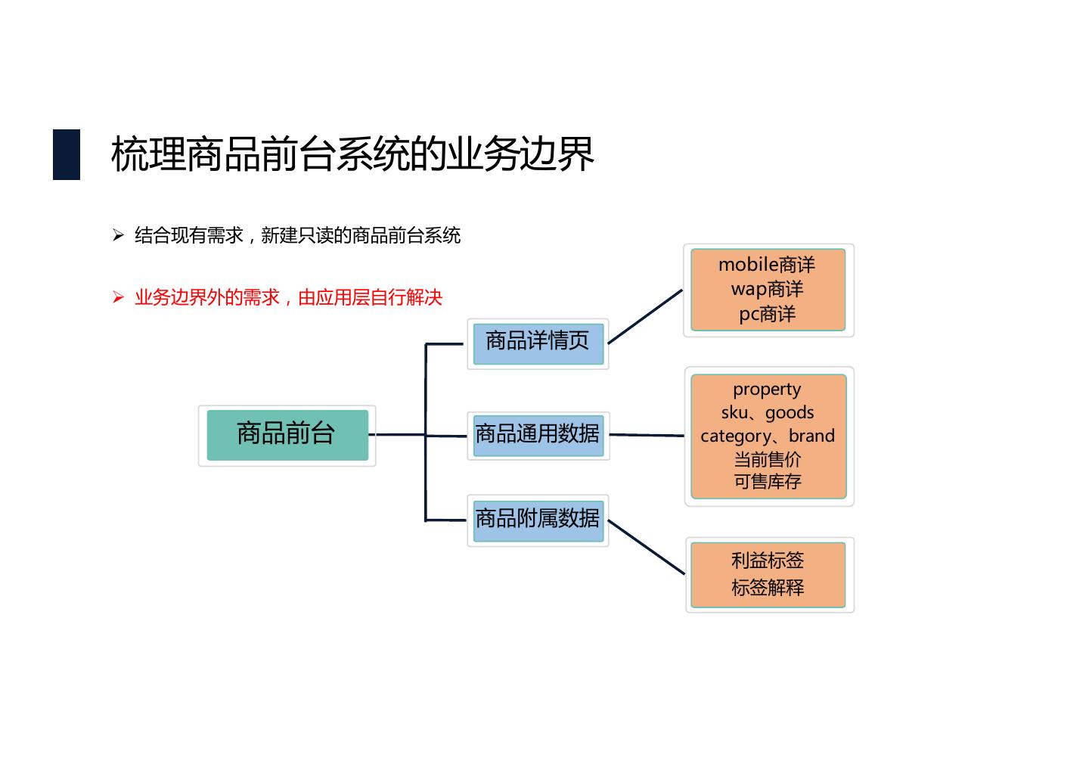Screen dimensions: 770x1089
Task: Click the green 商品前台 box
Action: (287, 435)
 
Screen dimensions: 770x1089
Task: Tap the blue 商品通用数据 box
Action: (538, 436)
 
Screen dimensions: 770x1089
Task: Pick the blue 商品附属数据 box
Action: (538, 520)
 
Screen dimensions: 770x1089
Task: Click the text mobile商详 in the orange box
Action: (767, 265)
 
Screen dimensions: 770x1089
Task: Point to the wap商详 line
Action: (767, 289)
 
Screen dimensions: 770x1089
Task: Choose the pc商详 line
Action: (767, 314)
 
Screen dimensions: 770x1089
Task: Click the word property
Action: (767, 390)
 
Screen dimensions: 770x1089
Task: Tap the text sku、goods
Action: (767, 413)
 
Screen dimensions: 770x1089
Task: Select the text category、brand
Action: (767, 436)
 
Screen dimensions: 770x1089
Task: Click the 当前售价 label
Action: (767, 459)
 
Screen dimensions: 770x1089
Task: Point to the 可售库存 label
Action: (767, 482)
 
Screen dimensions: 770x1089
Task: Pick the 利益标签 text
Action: (767, 560)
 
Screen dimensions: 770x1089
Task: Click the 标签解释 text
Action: (767, 588)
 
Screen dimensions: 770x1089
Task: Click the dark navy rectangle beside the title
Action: (67, 154)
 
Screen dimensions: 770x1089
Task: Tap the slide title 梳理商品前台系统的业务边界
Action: (352, 154)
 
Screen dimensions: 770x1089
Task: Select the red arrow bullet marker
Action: (118, 297)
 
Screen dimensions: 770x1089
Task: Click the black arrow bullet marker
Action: (118, 235)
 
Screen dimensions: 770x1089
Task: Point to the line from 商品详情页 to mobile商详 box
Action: (645, 316)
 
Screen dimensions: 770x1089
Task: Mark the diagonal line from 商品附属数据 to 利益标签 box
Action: (647, 547)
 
